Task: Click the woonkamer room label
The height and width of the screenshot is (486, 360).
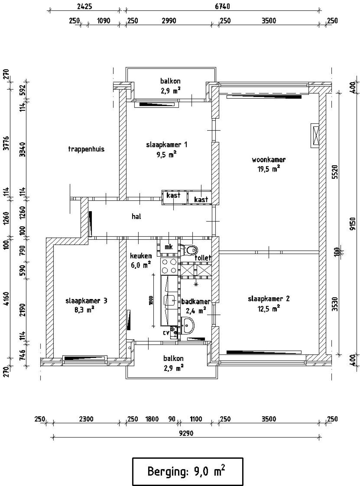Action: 269,160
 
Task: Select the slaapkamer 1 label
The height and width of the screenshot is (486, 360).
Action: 166,145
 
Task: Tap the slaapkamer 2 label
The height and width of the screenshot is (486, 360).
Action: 269,299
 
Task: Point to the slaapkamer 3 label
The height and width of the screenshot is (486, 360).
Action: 86,301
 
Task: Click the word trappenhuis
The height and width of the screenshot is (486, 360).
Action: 86,149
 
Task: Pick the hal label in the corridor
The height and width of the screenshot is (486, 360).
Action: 136,216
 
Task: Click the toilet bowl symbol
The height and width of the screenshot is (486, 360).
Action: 190,249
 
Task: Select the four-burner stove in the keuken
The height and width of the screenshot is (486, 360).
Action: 169,266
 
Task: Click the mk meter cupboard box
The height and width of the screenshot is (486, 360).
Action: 168,247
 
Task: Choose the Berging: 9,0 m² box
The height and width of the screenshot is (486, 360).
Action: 188,471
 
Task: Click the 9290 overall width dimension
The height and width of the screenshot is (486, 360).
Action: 186,433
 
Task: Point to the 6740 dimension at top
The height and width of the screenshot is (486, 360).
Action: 222,6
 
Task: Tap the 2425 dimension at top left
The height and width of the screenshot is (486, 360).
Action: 84,6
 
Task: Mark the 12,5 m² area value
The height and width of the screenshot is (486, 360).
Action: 269,309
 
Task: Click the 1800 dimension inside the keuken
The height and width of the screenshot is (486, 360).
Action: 151,301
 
